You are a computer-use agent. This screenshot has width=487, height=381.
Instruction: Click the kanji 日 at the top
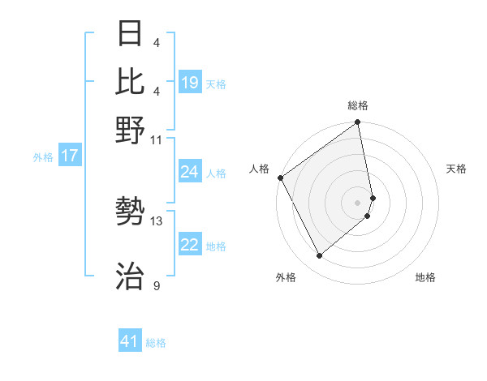131,33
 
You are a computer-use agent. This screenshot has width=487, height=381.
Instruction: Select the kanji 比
131,81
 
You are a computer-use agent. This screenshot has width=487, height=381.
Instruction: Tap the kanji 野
131,129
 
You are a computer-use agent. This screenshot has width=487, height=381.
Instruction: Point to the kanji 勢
131,212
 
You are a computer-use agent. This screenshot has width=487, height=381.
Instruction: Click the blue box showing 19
190,82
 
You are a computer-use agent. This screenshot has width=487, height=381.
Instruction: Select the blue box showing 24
190,172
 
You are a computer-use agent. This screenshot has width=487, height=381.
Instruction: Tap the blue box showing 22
190,246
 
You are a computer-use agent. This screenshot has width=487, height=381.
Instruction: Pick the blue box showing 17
70,156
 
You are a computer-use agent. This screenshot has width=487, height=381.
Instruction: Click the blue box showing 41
130,342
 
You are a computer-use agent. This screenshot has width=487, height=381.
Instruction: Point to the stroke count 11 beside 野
157,139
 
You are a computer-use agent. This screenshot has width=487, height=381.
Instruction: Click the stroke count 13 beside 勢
157,220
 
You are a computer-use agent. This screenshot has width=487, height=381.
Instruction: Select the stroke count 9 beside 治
157,285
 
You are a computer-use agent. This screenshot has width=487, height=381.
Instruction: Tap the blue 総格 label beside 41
156,343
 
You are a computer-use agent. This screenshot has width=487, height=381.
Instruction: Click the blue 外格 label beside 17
43,157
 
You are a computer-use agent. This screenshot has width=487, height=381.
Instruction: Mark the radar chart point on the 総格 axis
357,123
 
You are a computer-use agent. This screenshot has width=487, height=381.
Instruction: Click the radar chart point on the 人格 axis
280,178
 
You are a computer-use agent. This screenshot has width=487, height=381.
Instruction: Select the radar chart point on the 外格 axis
319,256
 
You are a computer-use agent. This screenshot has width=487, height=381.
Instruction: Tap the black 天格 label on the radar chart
456,169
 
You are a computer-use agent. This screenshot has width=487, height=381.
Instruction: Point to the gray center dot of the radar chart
358,202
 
